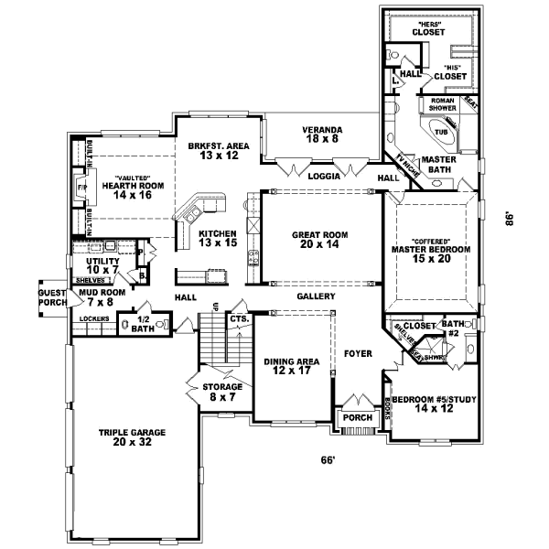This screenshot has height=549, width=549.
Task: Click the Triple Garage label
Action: (x=126, y=436)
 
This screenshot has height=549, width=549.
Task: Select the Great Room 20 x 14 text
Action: (x=317, y=240)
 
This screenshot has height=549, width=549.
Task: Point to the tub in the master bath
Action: (x=441, y=132)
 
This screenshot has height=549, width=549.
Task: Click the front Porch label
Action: (x=353, y=417)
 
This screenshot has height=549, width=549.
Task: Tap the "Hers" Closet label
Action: (x=428, y=27)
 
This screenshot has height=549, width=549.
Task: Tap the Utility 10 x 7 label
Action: (x=102, y=265)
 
